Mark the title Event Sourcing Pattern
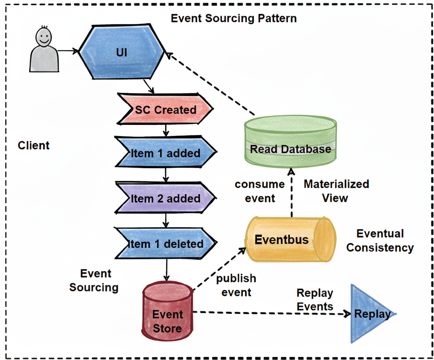234,18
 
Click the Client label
34,145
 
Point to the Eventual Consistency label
380,241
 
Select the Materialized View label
336,191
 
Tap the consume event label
260,191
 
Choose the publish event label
236,285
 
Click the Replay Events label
315,300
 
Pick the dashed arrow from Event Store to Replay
271,313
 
